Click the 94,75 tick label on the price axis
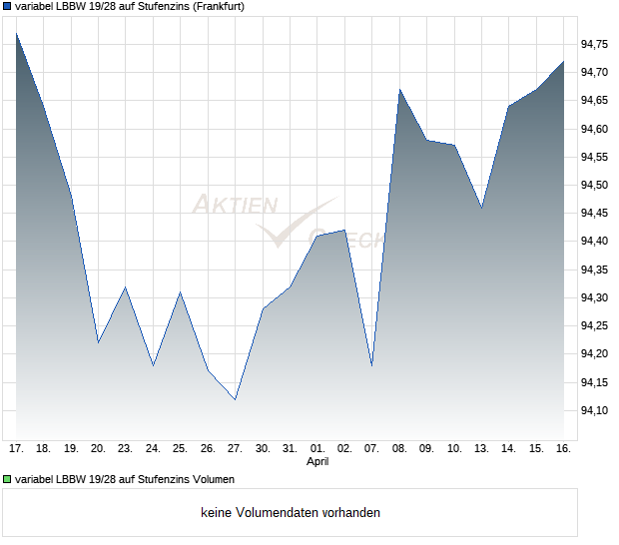click(x=595, y=44)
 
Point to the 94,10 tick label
click(x=595, y=410)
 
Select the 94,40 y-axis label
click(x=595, y=242)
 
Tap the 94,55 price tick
click(x=595, y=157)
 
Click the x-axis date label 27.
click(x=235, y=448)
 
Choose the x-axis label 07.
click(x=371, y=448)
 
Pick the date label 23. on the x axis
click(x=125, y=448)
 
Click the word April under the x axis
click(x=316, y=462)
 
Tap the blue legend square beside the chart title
click(x=7, y=6)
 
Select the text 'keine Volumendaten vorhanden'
click(x=291, y=513)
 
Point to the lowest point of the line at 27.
click(x=235, y=399)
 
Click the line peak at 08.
click(x=399, y=90)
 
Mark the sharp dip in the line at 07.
click(x=371, y=365)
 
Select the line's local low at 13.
click(x=481, y=208)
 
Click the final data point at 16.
click(x=564, y=61)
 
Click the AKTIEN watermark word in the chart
click(x=235, y=205)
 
